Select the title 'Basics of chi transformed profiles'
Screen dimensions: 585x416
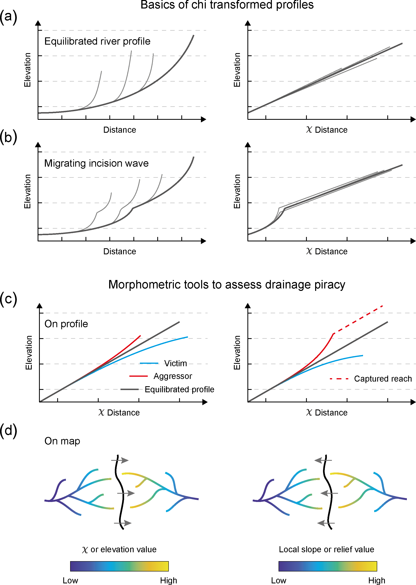227,5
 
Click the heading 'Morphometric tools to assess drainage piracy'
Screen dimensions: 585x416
227,284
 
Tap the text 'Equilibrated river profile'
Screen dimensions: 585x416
97,41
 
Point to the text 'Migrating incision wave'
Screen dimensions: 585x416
96,163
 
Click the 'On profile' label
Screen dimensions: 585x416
66,324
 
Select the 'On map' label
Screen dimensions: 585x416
62,441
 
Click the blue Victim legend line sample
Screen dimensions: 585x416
149,363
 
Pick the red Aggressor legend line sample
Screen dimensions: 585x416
139,376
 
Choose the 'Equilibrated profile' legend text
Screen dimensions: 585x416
179,389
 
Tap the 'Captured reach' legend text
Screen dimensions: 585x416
383,379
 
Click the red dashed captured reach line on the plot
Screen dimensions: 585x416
359,319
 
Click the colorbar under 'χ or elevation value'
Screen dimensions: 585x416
119,566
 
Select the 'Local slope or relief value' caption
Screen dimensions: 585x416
326,549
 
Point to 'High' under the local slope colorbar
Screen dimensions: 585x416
377,580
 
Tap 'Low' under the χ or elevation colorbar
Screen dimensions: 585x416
70,580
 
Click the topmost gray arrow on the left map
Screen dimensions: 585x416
120,460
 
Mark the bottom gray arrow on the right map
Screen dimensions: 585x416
326,523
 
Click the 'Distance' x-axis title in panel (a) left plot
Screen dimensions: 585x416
120,130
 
